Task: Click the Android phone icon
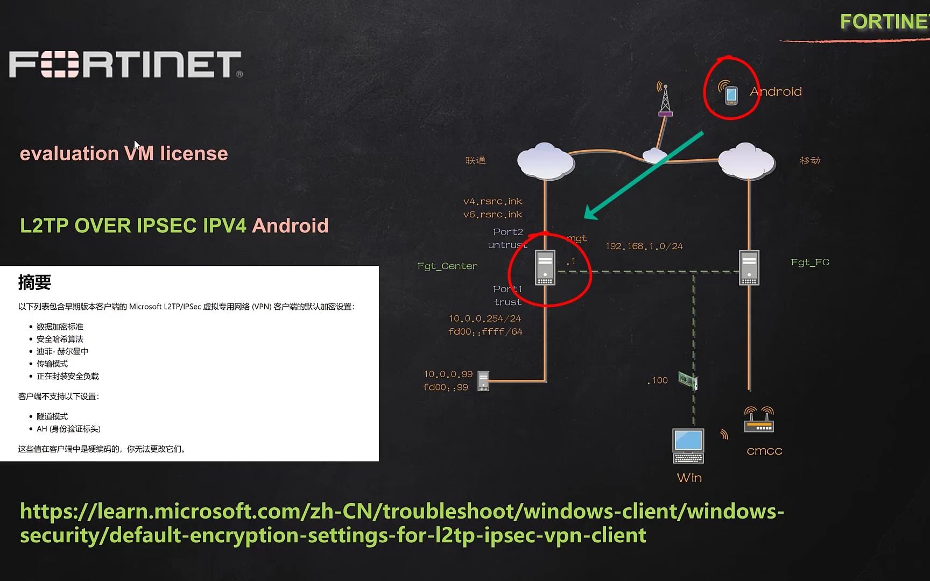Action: pos(731,95)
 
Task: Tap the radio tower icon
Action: pos(665,101)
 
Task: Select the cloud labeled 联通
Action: pos(545,160)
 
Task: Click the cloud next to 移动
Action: pos(746,160)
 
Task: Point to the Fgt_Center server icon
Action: pos(545,267)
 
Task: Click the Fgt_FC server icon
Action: pos(749,267)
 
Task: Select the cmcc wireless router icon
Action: pos(759,420)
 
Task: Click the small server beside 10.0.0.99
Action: pos(483,381)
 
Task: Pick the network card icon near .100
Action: pos(688,380)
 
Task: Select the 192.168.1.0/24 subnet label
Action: pos(644,246)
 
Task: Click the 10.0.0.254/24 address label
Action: pos(485,318)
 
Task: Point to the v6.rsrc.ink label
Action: pos(492,215)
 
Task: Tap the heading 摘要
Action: pos(34,282)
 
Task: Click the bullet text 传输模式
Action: pos(52,364)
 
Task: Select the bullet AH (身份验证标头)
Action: pos(68,429)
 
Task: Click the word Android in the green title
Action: pos(290,225)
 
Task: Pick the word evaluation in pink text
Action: pos(69,154)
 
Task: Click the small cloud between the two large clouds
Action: pos(654,155)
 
